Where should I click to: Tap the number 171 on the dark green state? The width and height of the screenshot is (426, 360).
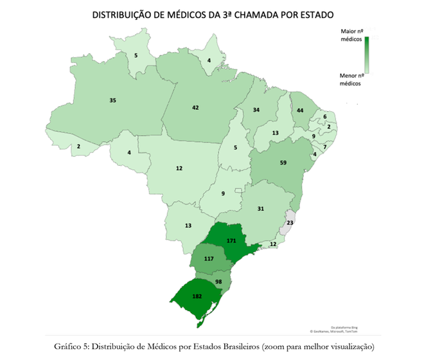tap(231, 240)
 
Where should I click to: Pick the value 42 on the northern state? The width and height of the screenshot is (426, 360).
tap(195, 107)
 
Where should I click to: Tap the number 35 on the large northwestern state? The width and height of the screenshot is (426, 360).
tap(113, 100)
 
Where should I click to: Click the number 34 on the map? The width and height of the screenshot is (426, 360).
tap(256, 110)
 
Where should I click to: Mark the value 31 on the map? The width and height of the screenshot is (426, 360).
tap(261, 209)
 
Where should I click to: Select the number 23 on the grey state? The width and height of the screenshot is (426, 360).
tap(290, 222)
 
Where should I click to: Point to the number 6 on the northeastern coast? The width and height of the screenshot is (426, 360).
tap(325, 116)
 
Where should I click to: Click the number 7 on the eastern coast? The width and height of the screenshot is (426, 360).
tap(325, 147)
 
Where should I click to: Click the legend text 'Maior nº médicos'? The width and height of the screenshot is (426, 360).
tap(350, 35)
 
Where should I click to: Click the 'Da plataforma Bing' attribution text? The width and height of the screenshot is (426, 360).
tap(344, 327)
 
